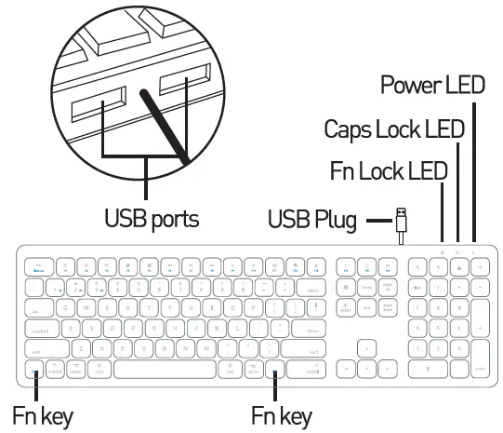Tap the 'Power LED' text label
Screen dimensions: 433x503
click(432, 86)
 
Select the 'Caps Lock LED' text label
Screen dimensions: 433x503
click(393, 129)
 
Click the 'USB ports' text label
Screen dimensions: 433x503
click(152, 220)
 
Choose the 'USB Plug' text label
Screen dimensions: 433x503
click(312, 220)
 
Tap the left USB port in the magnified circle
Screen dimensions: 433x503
click(96, 101)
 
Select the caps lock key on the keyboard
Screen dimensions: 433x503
click(42, 328)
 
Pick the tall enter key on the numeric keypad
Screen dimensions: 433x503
click(479, 359)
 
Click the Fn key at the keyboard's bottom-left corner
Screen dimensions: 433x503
click(35, 369)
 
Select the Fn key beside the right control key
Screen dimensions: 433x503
click(277, 369)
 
